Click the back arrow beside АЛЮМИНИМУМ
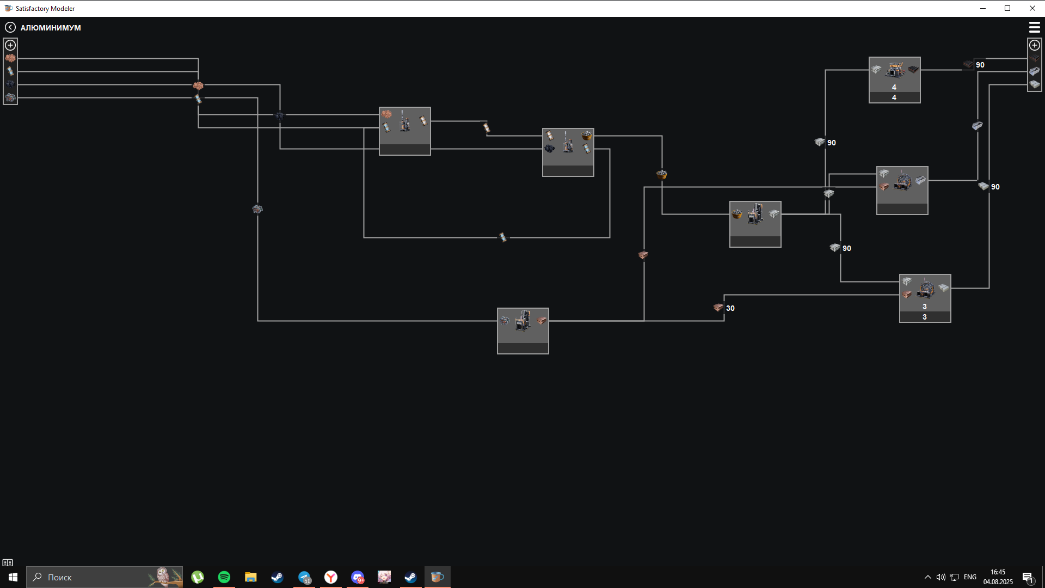(x=10, y=27)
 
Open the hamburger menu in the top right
(x=1034, y=27)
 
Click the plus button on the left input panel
(x=10, y=45)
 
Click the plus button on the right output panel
(x=1034, y=45)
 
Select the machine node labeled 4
(x=894, y=80)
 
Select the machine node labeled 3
(x=925, y=298)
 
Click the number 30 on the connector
(x=730, y=308)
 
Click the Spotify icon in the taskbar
(x=224, y=577)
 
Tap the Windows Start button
(x=13, y=577)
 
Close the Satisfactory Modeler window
(x=1032, y=8)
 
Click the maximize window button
(x=1007, y=8)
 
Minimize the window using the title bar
(x=983, y=8)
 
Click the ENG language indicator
(x=970, y=577)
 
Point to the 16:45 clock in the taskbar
(x=998, y=572)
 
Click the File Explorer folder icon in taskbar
(x=250, y=577)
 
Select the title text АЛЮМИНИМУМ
(x=51, y=28)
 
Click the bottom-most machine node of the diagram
(x=522, y=331)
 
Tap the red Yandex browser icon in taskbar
(x=331, y=577)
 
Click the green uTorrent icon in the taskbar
(x=198, y=577)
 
